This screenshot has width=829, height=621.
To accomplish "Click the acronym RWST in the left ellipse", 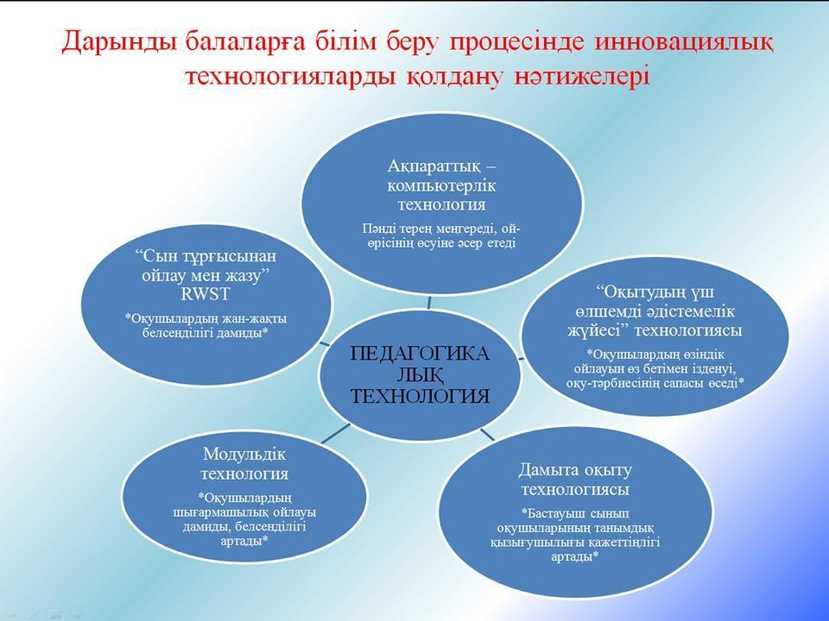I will coord(205,293).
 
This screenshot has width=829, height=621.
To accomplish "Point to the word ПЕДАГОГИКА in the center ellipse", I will coord(421,354).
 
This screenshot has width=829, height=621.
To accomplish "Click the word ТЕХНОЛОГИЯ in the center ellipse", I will coord(421,396).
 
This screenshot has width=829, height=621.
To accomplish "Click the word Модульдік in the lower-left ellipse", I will coord(244,455).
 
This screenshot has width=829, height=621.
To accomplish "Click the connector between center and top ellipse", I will coord(429,299).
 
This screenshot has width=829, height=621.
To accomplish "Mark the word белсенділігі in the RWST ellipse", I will coord(186,333).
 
